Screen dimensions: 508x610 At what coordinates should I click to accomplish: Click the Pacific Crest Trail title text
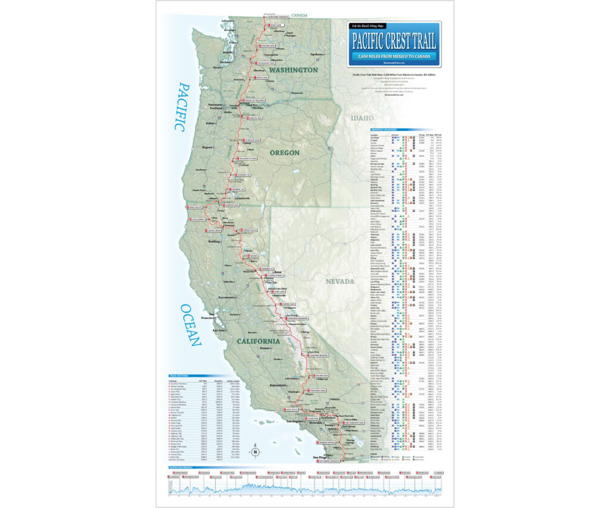click(394, 41)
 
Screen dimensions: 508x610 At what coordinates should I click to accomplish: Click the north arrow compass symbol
click(255, 451)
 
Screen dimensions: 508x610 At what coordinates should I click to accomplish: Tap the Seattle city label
click(227, 52)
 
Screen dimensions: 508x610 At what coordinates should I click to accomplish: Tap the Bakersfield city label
click(279, 387)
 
